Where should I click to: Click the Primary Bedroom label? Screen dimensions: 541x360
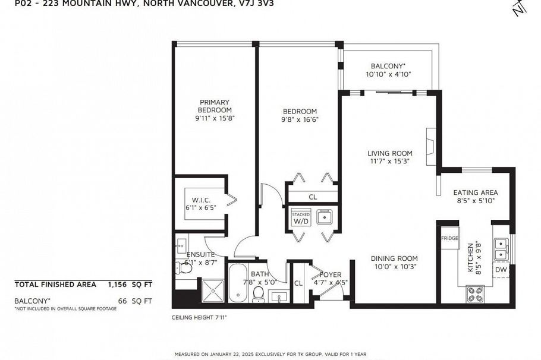point(215,106)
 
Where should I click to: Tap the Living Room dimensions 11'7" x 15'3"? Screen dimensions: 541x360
point(390,161)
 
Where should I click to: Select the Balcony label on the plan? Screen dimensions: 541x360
point(388,66)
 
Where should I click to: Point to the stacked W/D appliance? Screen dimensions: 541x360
point(301,217)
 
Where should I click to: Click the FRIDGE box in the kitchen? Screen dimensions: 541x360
point(450,238)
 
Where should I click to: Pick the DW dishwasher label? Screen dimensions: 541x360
point(501,270)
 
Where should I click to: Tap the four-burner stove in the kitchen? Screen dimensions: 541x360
point(475,294)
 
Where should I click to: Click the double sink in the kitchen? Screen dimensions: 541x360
point(501,249)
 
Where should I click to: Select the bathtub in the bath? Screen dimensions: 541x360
point(238,283)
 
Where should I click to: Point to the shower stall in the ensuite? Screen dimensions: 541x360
point(213,291)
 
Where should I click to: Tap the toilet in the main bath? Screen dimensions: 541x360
point(259,295)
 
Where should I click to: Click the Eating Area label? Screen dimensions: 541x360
point(476,192)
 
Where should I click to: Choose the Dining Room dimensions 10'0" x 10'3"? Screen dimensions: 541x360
point(395,267)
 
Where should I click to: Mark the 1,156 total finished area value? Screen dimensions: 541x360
point(115,285)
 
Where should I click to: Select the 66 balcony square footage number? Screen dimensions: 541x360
point(122,301)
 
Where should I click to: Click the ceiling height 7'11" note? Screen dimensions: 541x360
point(199,317)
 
